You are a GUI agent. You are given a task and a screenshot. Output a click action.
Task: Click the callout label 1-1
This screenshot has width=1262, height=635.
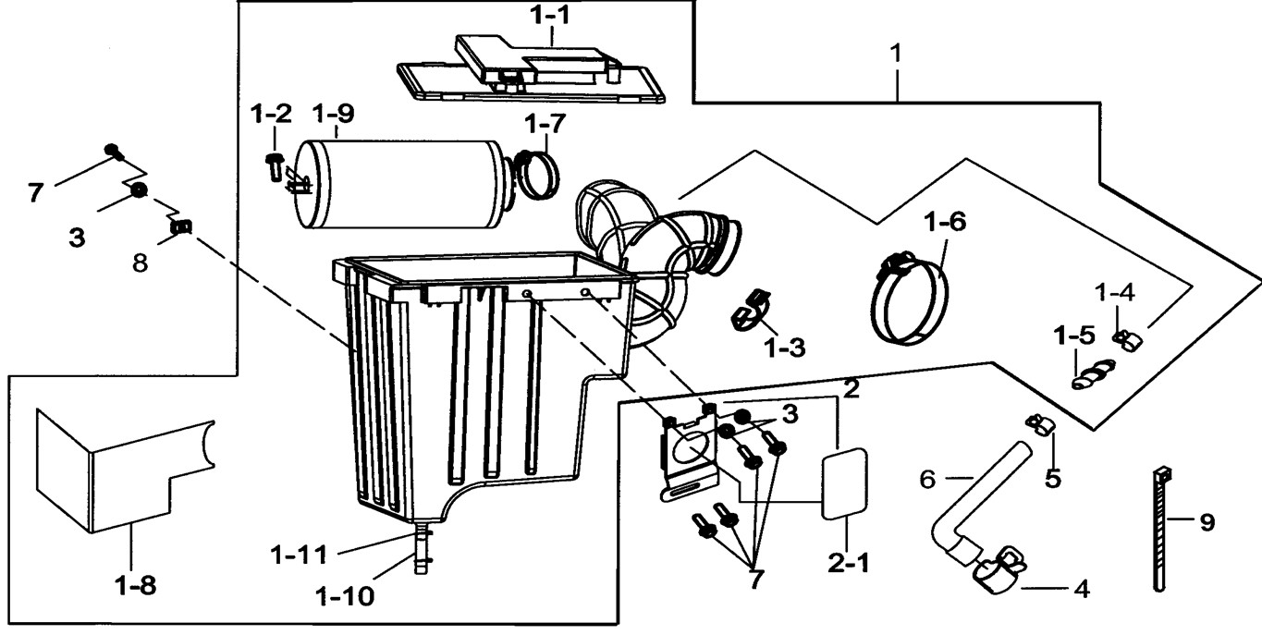click(x=550, y=16)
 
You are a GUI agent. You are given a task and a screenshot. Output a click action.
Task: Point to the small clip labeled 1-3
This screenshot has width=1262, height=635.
click(x=753, y=311)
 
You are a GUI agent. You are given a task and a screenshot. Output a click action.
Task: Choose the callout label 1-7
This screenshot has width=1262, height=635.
click(x=545, y=122)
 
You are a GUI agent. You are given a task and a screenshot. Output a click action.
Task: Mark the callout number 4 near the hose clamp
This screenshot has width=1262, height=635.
click(x=1078, y=587)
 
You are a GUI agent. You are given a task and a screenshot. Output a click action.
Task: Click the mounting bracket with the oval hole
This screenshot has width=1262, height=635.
click(x=691, y=453)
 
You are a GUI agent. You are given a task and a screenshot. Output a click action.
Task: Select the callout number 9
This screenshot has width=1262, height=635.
click(x=1206, y=523)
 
